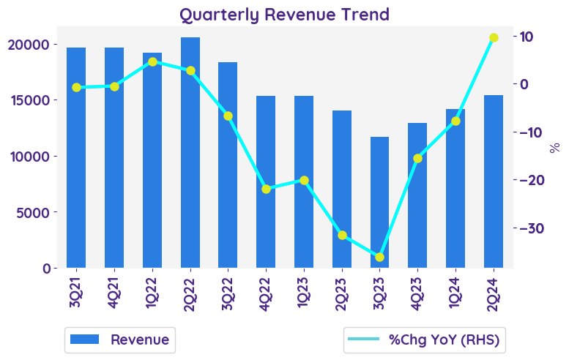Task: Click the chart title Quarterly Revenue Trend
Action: pyautogui.click(x=284, y=14)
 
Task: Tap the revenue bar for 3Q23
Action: pyautogui.click(x=379, y=202)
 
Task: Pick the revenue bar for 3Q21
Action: pyautogui.click(x=76, y=157)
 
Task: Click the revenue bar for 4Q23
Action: pyautogui.click(x=417, y=195)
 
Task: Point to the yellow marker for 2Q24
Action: pyautogui.click(x=494, y=37)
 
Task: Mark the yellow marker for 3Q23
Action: pyautogui.click(x=379, y=257)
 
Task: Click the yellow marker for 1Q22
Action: pyautogui.click(x=152, y=61)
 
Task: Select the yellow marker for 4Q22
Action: pyautogui.click(x=266, y=189)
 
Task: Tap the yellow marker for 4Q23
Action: pyautogui.click(x=417, y=158)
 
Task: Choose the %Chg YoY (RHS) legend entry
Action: pyautogui.click(x=426, y=340)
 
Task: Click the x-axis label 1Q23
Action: pyautogui.click(x=304, y=292)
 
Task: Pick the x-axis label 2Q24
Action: pyautogui.click(x=494, y=292)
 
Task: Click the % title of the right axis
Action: pyautogui.click(x=554, y=147)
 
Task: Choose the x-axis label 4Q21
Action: pyautogui.click(x=114, y=292)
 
